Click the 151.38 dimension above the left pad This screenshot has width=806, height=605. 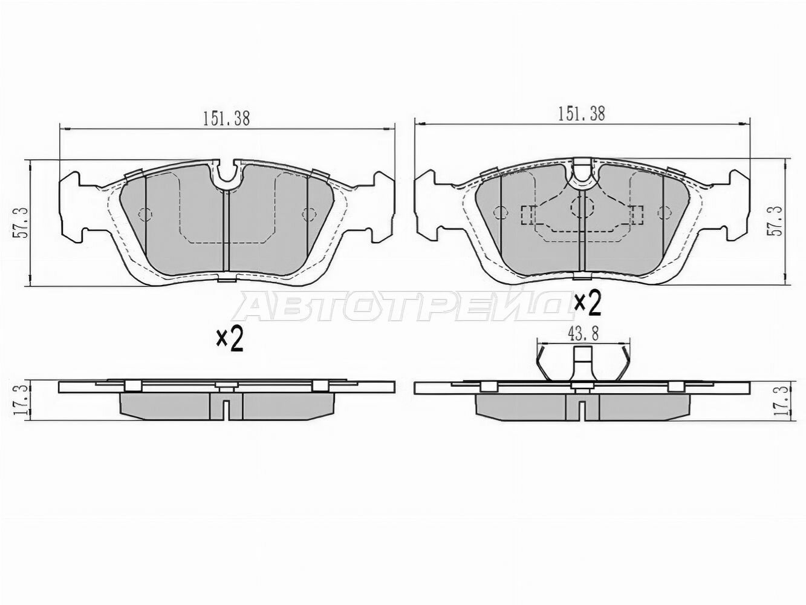click(227, 119)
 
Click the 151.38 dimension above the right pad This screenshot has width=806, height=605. click(581, 114)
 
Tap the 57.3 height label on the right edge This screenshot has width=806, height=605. click(777, 221)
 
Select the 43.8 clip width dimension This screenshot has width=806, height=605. click(583, 334)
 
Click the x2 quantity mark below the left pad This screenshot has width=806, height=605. click(230, 341)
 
